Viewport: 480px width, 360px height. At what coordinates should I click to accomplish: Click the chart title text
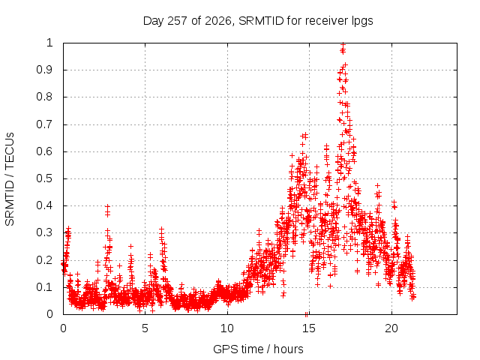(x=258, y=21)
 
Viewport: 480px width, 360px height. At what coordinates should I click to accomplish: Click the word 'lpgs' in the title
(x=362, y=22)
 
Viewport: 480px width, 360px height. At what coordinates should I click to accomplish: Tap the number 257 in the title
(x=178, y=21)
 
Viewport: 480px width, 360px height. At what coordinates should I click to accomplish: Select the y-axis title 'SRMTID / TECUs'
(x=10, y=179)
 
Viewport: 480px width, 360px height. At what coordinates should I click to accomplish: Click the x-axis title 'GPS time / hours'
(x=258, y=349)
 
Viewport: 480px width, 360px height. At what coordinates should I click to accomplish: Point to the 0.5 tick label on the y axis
(x=45, y=178)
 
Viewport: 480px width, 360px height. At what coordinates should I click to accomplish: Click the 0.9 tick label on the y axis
(x=45, y=70)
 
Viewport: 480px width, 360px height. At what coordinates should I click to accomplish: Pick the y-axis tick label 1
(x=49, y=43)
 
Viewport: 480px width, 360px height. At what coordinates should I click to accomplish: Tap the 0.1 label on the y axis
(x=45, y=287)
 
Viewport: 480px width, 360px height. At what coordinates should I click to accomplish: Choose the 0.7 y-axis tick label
(x=45, y=124)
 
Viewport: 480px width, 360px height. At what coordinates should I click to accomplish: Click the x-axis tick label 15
(x=309, y=328)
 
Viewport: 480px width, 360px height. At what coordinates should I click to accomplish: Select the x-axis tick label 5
(x=145, y=328)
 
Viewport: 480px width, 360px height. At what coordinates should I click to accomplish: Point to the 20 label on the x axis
(x=391, y=328)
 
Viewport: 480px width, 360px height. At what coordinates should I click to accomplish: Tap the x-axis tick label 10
(x=227, y=328)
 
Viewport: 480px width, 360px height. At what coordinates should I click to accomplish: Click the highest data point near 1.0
(x=343, y=44)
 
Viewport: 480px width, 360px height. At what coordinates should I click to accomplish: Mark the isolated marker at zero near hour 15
(x=306, y=314)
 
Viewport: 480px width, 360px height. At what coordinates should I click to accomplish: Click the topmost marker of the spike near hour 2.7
(x=107, y=207)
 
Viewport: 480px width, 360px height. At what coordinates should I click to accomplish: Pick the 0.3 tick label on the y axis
(x=45, y=232)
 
